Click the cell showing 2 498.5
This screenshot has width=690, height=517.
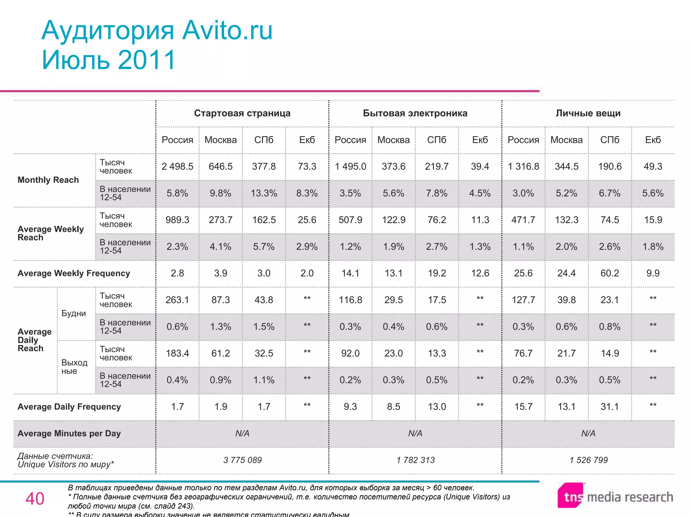point(177,167)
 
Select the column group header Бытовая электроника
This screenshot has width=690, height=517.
point(415,113)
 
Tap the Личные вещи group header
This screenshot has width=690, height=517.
point(588,113)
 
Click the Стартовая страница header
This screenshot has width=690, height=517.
point(242,113)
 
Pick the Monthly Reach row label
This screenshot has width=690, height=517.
point(48,180)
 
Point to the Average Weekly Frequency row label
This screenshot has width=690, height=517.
point(74,273)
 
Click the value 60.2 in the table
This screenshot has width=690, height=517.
point(609,273)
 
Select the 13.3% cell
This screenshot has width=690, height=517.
point(264,193)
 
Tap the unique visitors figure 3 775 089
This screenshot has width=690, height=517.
point(242,460)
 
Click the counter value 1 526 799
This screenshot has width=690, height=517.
point(588,460)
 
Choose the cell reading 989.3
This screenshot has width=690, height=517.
point(177,220)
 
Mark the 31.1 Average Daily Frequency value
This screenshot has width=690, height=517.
point(609,407)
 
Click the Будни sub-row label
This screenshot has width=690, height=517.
point(73,313)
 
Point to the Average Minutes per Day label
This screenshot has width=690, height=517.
point(69,434)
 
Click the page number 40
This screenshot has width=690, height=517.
point(35,498)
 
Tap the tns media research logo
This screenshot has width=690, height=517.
point(615,496)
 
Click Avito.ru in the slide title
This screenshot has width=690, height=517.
point(227,31)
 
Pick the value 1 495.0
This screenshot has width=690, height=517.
point(350,167)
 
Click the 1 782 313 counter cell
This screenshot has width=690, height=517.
point(415,460)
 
